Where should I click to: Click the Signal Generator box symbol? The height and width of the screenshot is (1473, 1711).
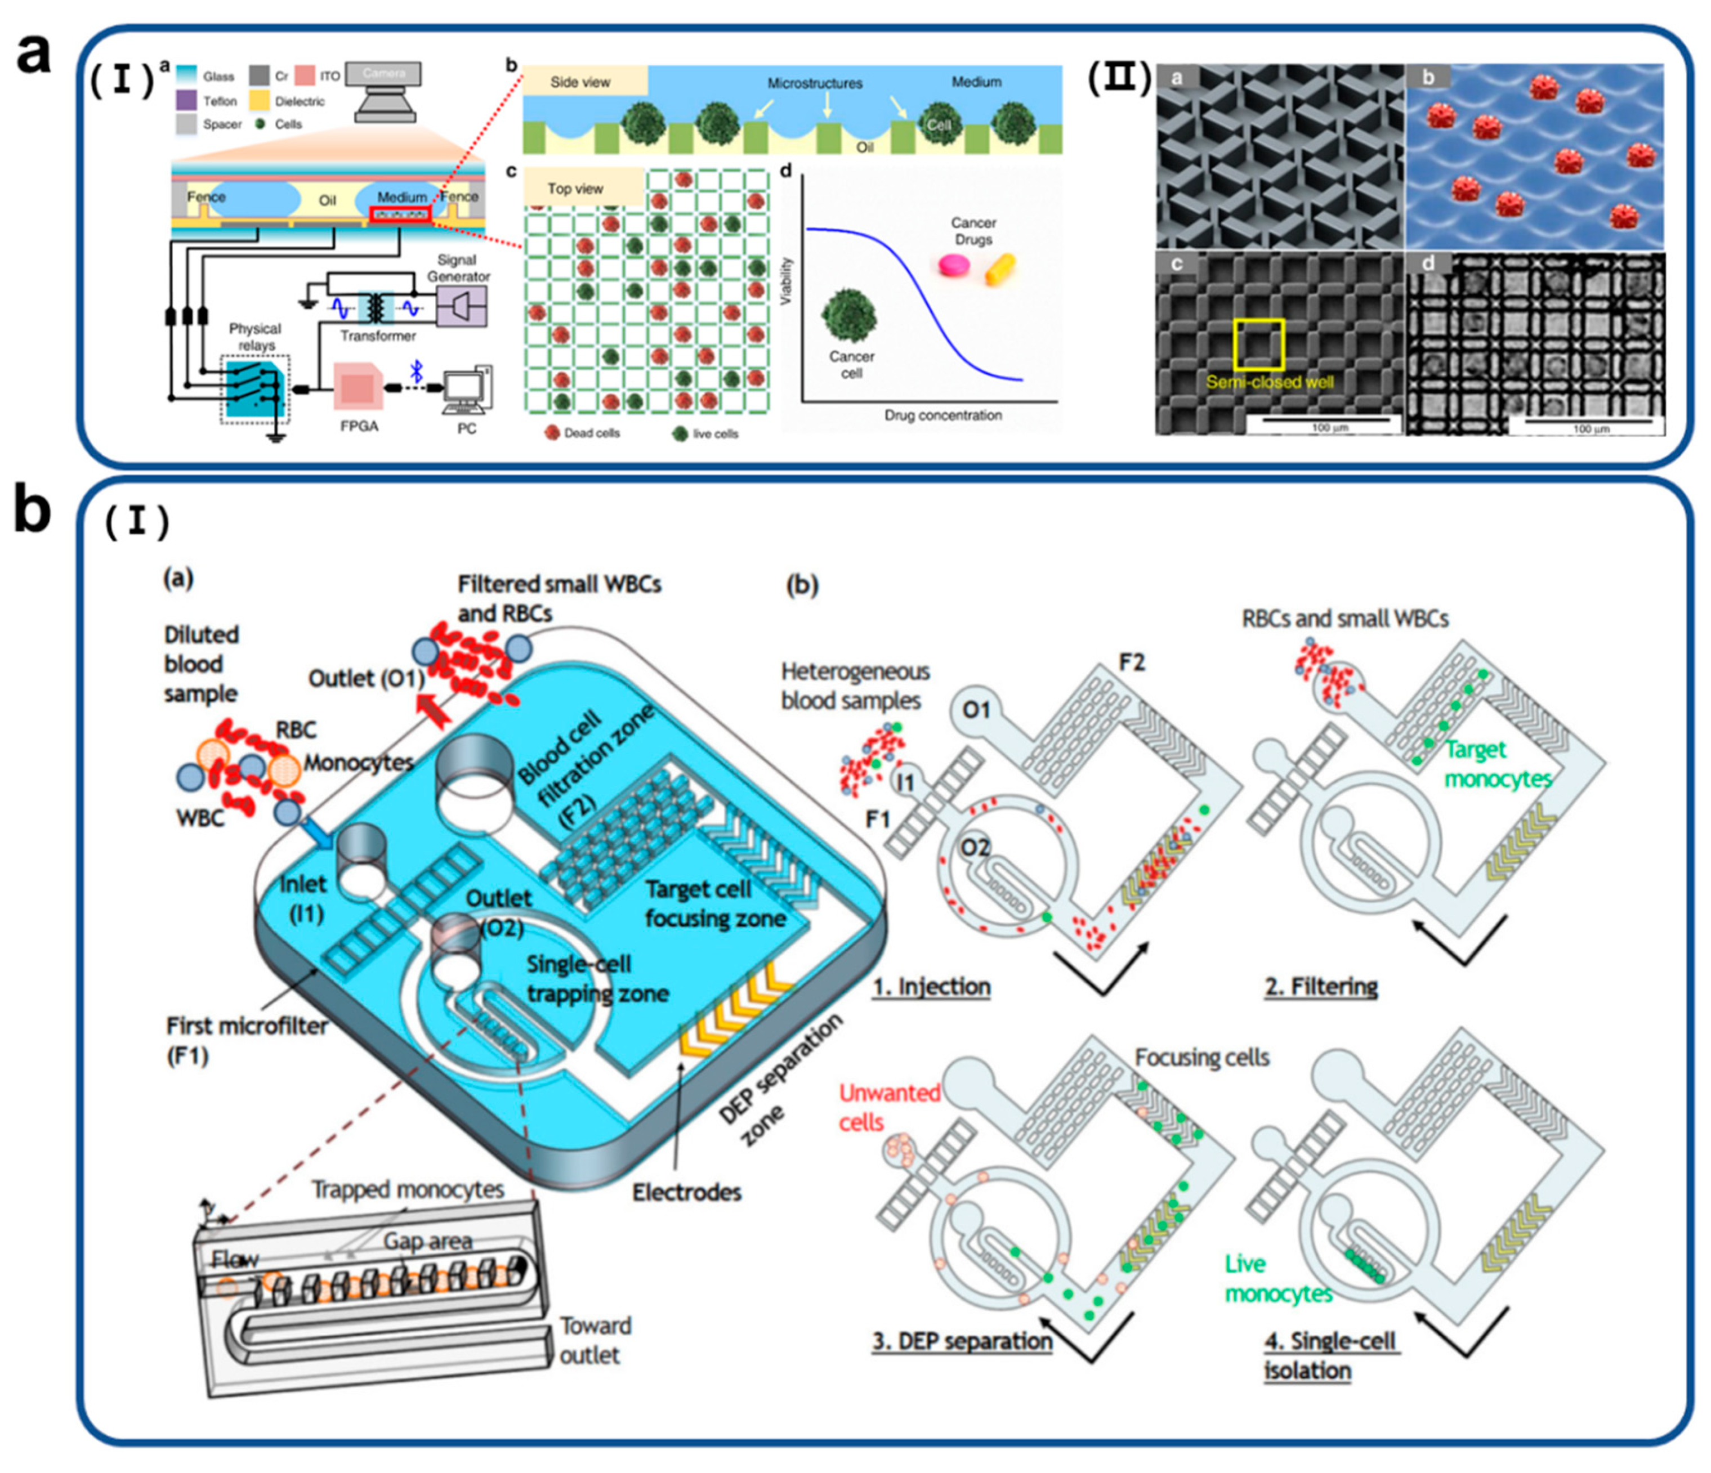point(461,306)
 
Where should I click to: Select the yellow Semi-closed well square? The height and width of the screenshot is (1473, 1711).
point(1258,343)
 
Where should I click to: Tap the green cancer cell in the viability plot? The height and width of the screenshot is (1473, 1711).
point(850,315)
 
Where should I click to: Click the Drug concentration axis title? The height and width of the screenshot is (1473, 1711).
point(943,415)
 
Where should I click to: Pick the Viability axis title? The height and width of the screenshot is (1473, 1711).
point(787,281)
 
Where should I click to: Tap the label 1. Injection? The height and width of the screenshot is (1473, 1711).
point(931,987)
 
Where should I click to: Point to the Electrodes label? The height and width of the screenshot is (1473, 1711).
point(686,1192)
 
